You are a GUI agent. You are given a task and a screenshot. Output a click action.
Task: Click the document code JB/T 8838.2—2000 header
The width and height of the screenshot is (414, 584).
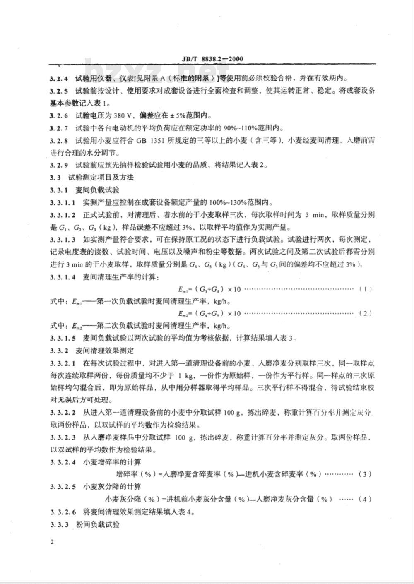pyautogui.click(x=212, y=59)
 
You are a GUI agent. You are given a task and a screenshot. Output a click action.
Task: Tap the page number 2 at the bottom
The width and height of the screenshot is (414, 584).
pyautogui.click(x=52, y=543)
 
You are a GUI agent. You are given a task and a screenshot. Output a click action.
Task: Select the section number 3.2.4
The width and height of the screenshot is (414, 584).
pyautogui.click(x=59, y=78)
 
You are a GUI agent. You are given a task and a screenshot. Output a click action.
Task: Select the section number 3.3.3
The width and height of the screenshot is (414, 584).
pyautogui.click(x=59, y=524)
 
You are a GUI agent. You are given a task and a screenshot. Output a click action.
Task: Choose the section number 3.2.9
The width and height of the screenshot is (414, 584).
pyautogui.click(x=59, y=165)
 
